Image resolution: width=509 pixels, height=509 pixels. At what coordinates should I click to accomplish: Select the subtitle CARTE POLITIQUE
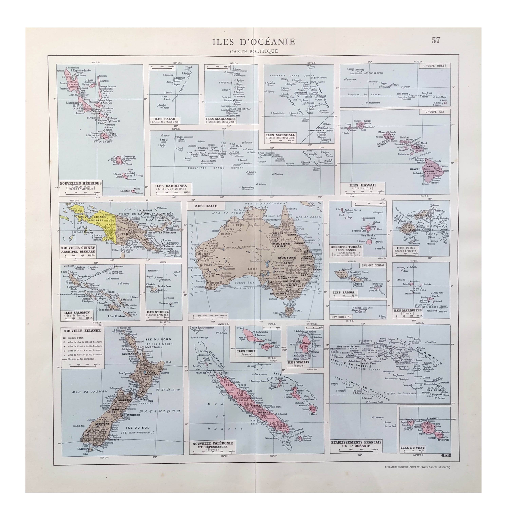pyautogui.click(x=254, y=51)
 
